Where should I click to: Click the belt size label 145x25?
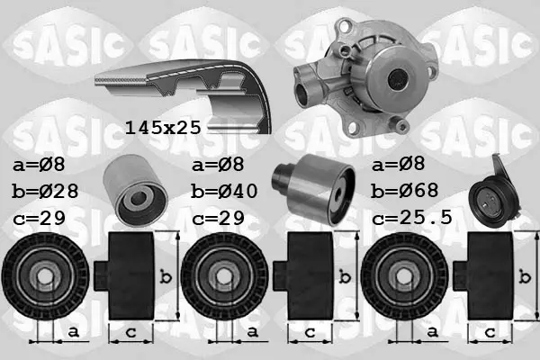pyautogui.click(x=163, y=128)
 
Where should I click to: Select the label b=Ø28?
pyautogui.click(x=45, y=191)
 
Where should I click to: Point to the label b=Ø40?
pyautogui.click(x=224, y=191)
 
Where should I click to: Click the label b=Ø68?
pyautogui.click(x=404, y=191)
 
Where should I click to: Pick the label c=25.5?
pyautogui.click(x=412, y=218)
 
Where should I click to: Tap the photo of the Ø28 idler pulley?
pyautogui.click(x=135, y=189)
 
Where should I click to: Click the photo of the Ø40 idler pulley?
pyautogui.click(x=314, y=189)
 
